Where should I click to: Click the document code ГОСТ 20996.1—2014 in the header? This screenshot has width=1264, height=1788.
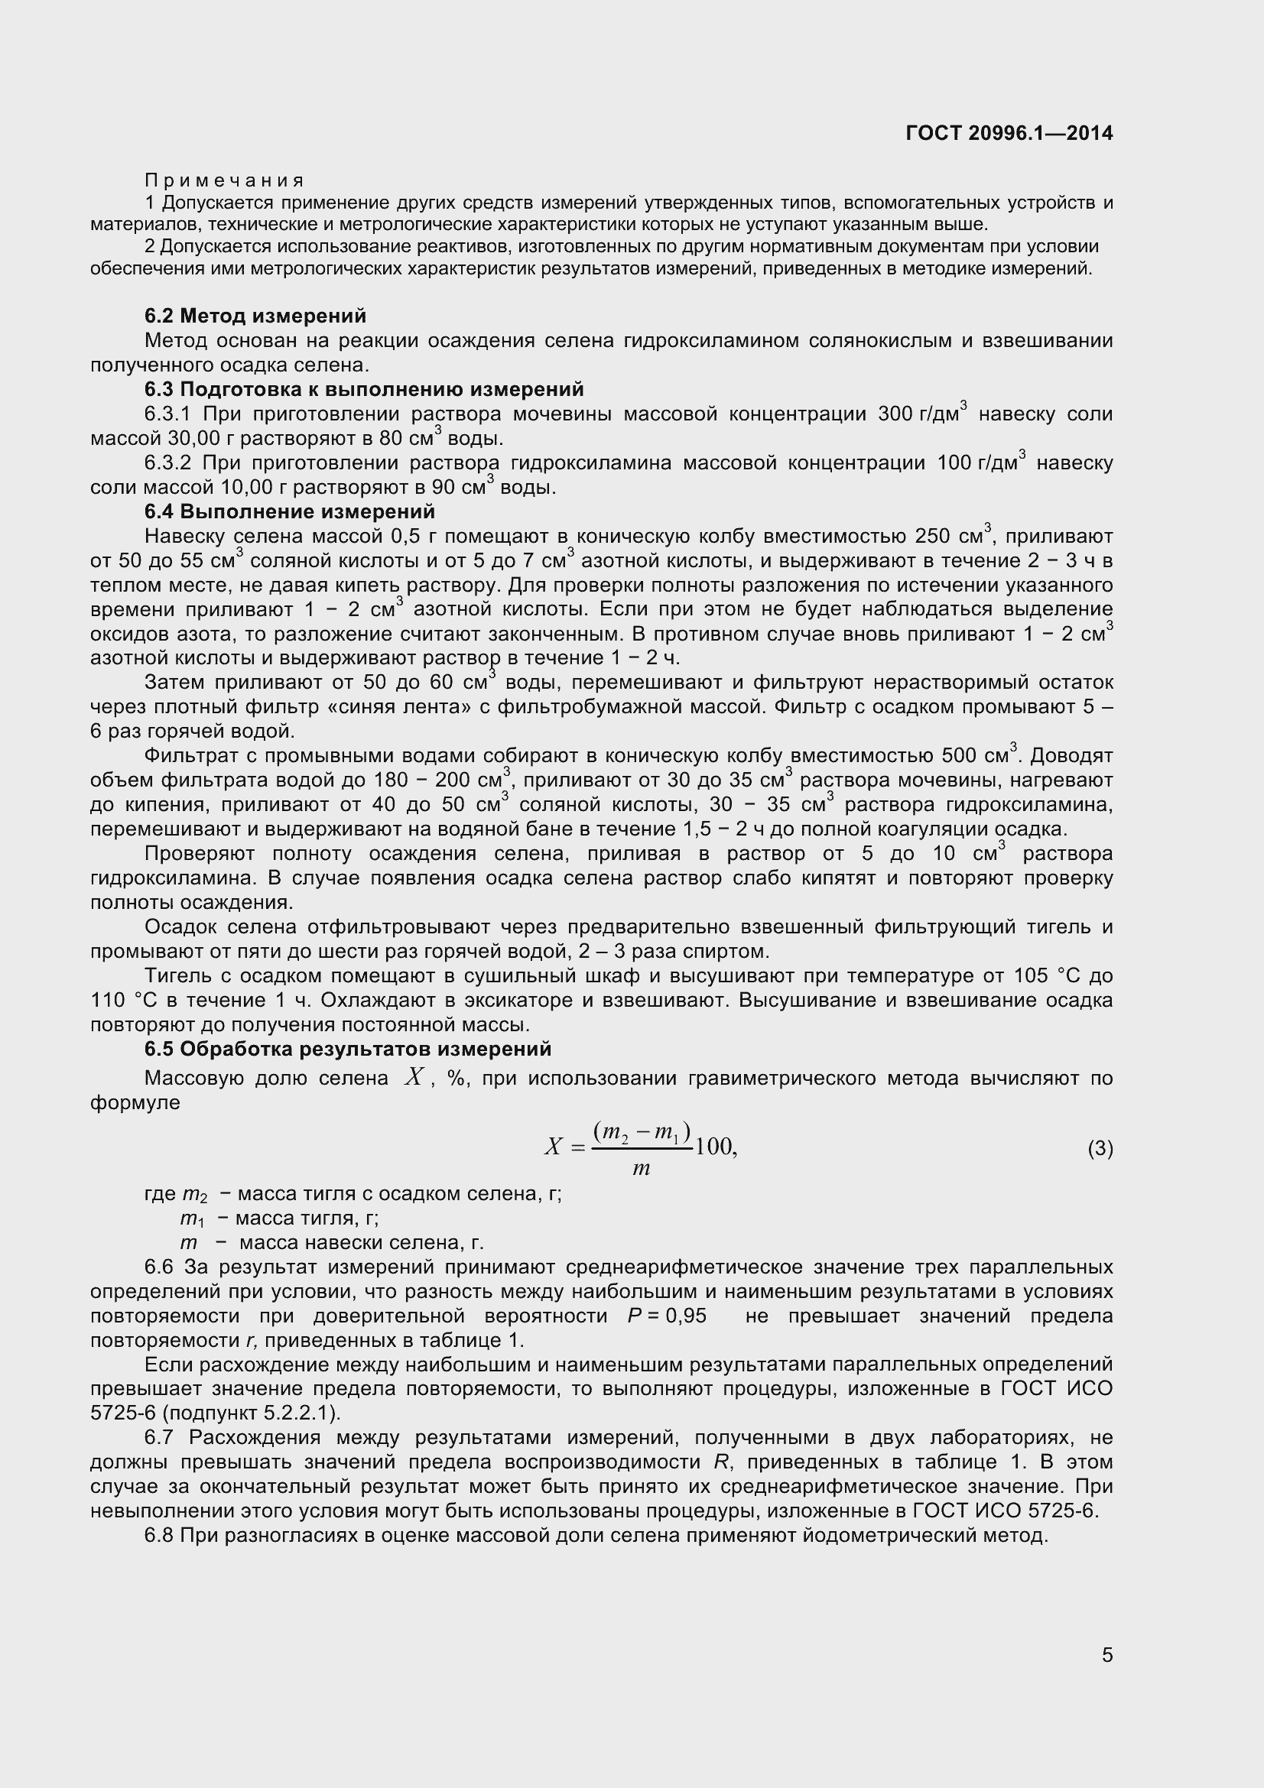[1009, 133]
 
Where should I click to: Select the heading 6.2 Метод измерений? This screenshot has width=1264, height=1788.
[255, 316]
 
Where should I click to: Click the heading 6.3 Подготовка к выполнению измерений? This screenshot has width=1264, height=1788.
[364, 389]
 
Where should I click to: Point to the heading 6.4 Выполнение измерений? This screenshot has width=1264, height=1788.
[289, 511]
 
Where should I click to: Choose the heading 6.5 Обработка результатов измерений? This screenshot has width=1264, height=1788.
[347, 1050]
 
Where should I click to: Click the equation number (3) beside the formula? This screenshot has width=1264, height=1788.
[1100, 1149]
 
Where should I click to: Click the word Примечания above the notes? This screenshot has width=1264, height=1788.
[224, 181]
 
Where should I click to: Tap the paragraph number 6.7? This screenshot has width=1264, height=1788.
[161, 1438]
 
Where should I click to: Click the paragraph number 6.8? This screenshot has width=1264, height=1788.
[161, 1536]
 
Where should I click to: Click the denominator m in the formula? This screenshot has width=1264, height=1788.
[641, 1169]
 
